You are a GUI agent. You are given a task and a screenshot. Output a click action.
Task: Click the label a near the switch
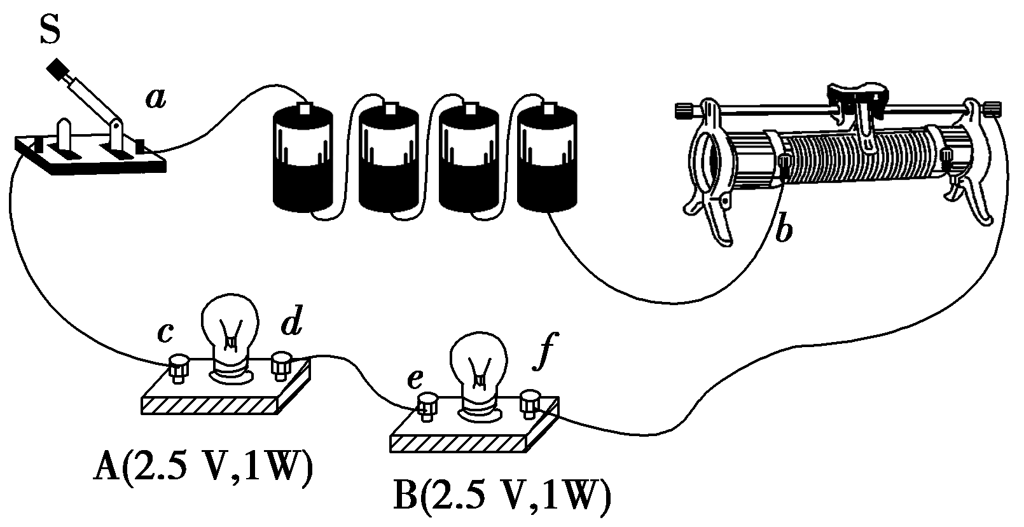[x=155, y=98]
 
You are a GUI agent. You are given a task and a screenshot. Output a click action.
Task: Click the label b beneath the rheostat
[x=784, y=231]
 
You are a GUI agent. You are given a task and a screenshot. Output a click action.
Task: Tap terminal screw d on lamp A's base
[x=280, y=364]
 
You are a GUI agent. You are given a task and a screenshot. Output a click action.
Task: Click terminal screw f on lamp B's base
[x=530, y=402]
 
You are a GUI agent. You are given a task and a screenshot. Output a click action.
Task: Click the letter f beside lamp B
[x=541, y=356]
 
